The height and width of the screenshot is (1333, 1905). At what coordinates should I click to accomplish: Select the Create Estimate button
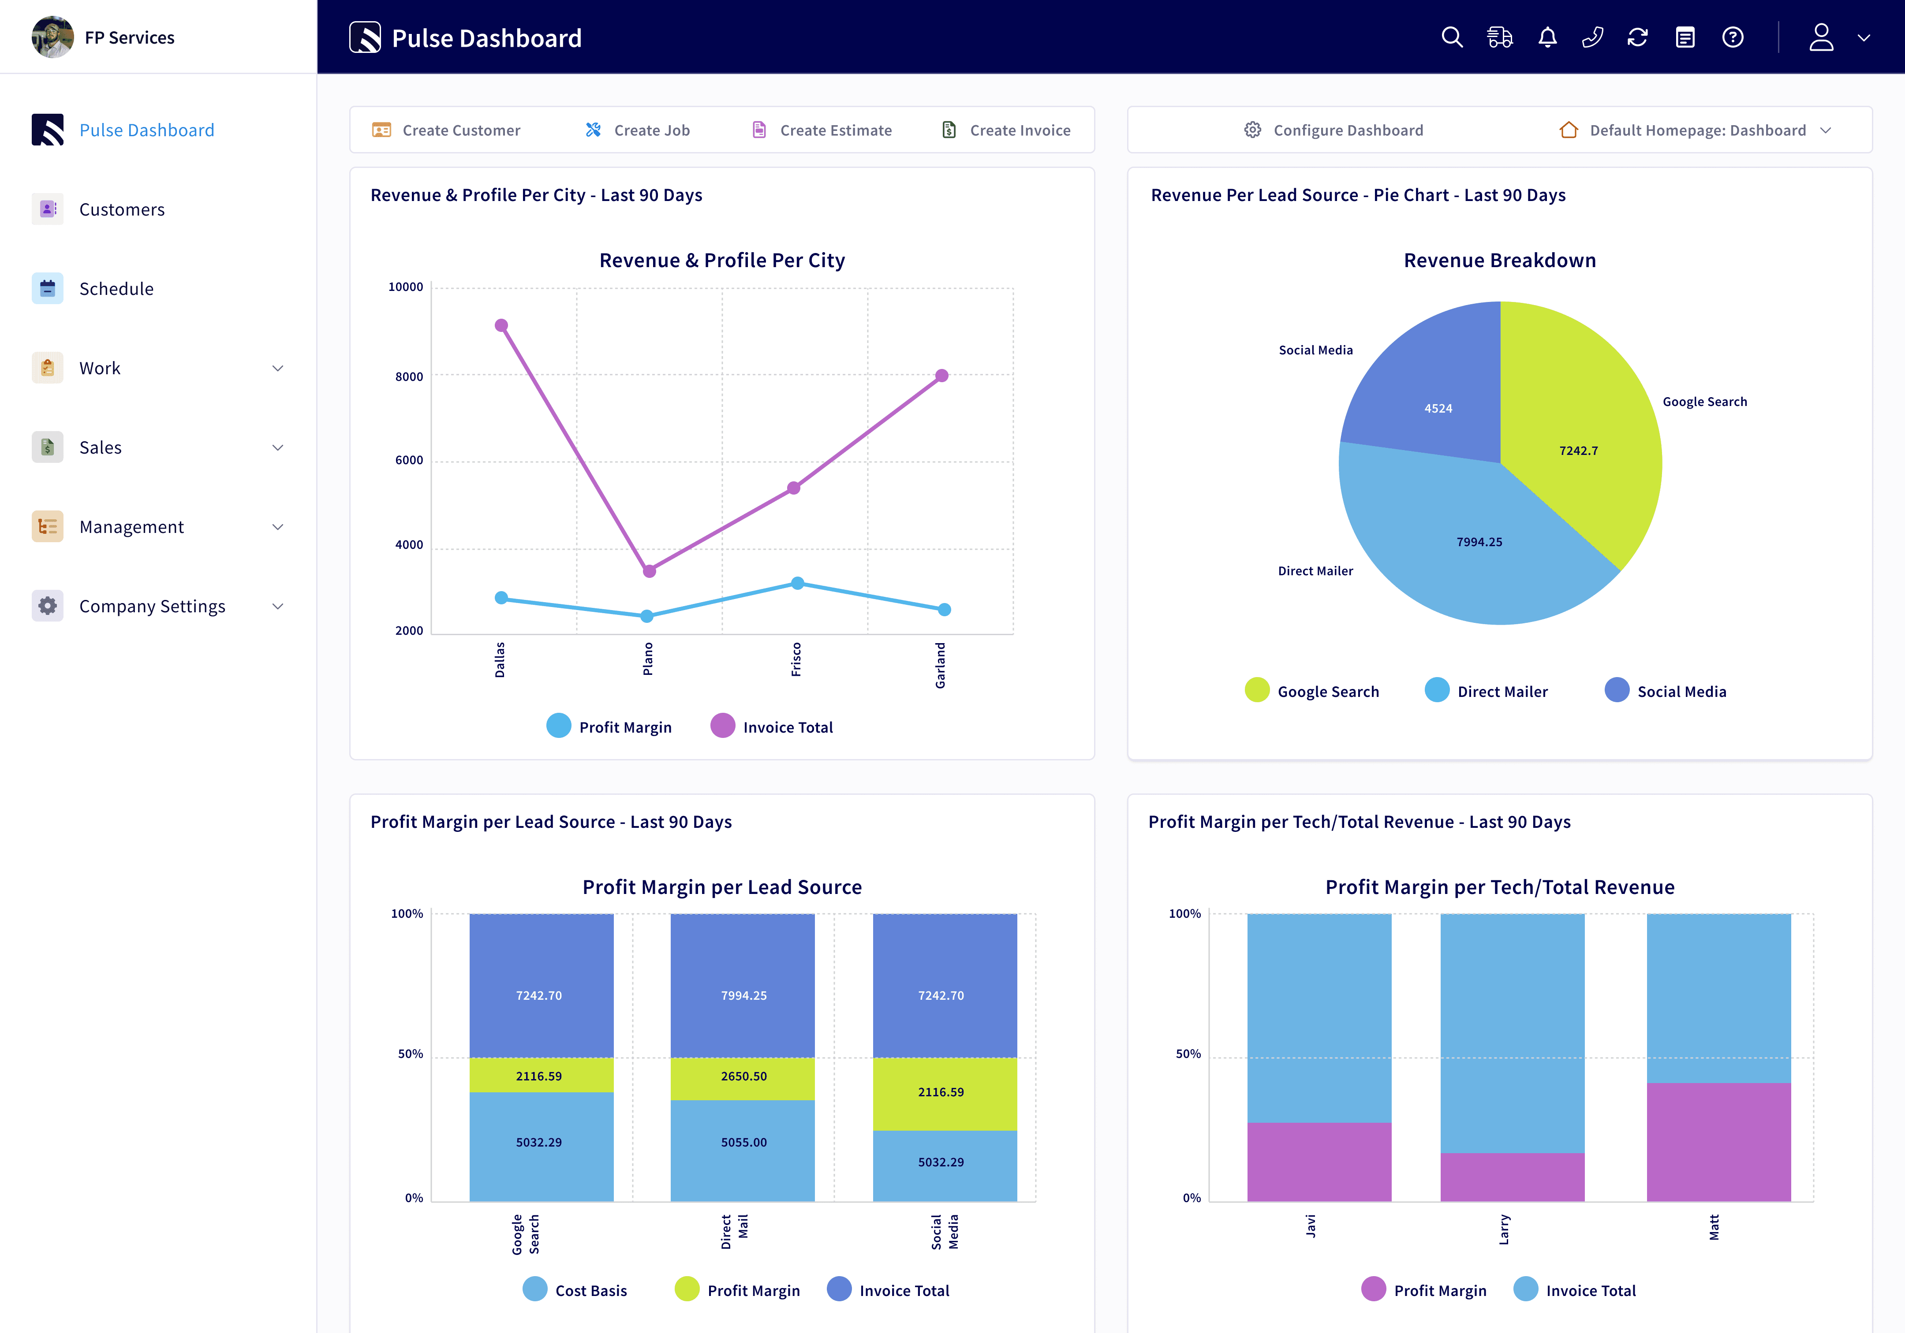(x=822, y=130)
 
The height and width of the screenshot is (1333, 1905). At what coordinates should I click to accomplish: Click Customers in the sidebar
(x=122, y=210)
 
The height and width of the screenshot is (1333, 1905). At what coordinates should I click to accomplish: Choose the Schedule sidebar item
(x=116, y=289)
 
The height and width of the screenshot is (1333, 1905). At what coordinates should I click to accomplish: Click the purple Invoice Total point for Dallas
(x=501, y=325)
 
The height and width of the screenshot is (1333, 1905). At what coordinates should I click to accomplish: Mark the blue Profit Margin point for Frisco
(x=797, y=583)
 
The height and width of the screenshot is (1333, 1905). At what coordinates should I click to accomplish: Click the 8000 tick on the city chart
(x=409, y=376)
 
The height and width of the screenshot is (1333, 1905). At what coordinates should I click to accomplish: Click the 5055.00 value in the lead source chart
(x=743, y=1142)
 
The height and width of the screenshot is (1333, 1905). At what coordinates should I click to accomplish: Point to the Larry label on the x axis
(x=1504, y=1229)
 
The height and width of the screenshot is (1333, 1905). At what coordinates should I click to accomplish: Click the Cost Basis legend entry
(x=576, y=1290)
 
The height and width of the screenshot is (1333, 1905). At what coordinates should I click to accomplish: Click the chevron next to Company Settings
(x=278, y=607)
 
